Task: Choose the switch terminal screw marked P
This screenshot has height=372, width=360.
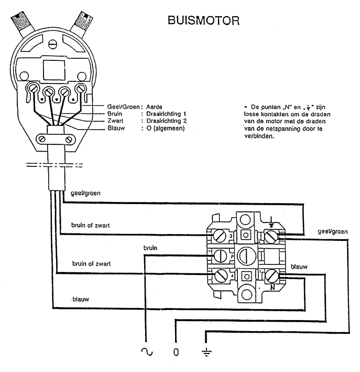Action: click(220, 256)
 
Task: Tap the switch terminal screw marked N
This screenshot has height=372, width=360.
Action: click(271, 277)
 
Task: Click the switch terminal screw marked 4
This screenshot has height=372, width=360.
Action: click(220, 275)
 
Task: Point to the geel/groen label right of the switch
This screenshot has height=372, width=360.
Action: click(332, 231)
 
